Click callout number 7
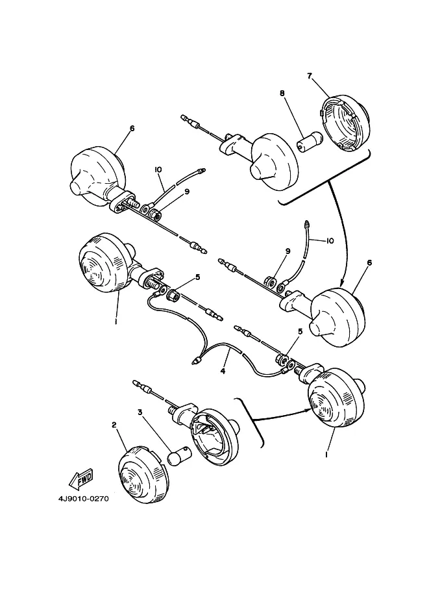pos(310,75)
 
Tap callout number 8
pos(282,94)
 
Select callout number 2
pos(114,425)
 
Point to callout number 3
pos(139,412)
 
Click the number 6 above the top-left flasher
pos(132,128)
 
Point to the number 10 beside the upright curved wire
pos(330,240)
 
